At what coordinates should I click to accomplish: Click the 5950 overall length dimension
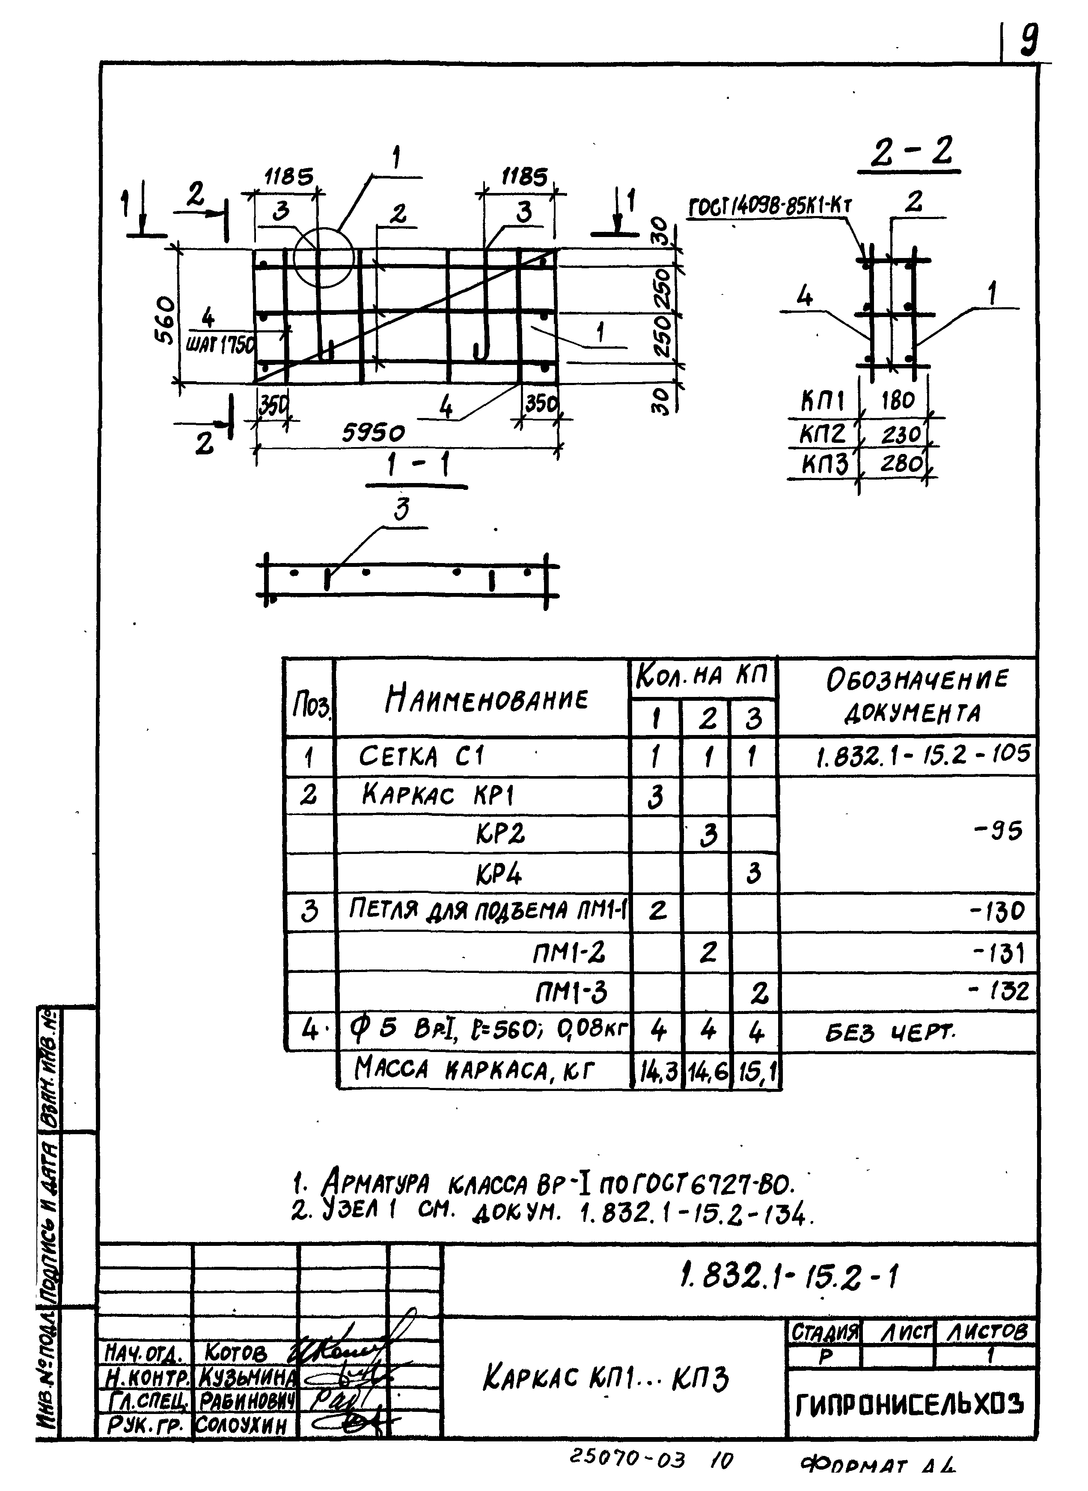tap(373, 433)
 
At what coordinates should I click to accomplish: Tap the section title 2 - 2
tap(911, 153)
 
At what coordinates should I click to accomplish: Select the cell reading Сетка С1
tap(421, 756)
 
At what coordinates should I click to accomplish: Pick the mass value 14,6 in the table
tap(707, 1073)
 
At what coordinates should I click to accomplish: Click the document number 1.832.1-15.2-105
tap(922, 754)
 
